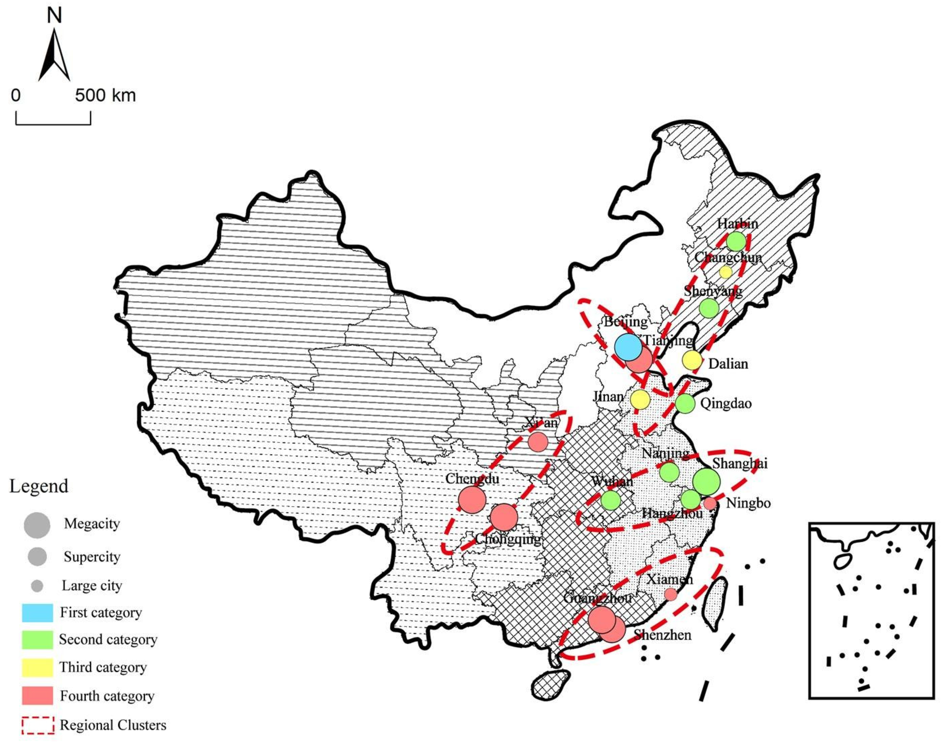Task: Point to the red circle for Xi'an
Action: (x=538, y=442)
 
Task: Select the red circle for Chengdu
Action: (x=472, y=499)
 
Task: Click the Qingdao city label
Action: (x=726, y=404)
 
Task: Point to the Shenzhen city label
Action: (x=663, y=635)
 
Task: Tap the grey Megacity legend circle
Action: (x=37, y=525)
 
